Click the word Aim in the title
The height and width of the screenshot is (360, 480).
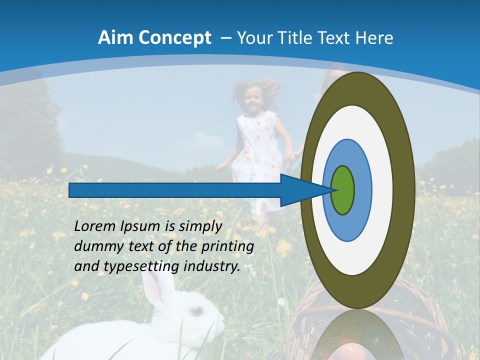[115, 38]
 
